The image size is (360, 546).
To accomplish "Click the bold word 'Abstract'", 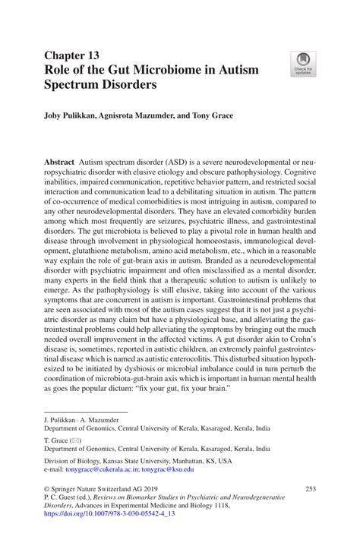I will click(58, 163).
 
